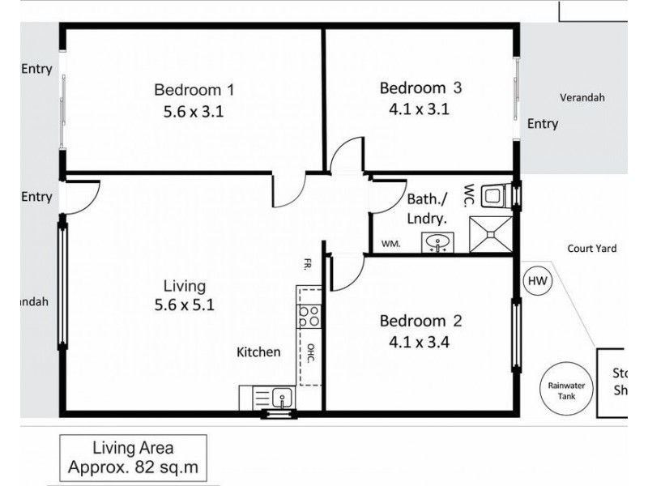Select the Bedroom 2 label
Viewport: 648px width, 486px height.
[x=420, y=322]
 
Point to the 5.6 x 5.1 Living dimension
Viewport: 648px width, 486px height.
[x=185, y=306]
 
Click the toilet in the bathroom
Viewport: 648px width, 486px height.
[x=494, y=196]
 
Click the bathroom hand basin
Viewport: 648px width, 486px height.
[x=438, y=241]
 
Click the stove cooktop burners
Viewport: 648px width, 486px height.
[x=308, y=316]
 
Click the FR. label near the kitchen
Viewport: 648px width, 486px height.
[x=309, y=263]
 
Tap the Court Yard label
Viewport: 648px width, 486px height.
[x=591, y=249]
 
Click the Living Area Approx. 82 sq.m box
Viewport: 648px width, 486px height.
[x=132, y=457]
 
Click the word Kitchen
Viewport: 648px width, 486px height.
[x=258, y=352]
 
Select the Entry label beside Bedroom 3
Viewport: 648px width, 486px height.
[x=542, y=124]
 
